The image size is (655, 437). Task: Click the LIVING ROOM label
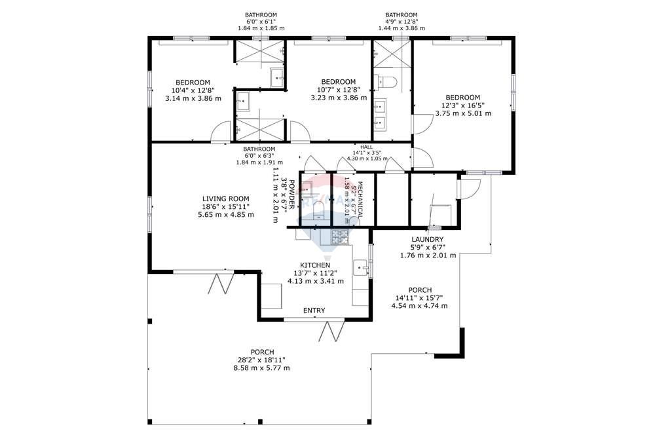[x=225, y=199]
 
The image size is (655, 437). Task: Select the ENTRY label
[x=314, y=311]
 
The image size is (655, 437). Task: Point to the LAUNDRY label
[x=428, y=239]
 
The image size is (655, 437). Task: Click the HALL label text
[x=366, y=147]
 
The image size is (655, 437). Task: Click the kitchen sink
[x=360, y=268]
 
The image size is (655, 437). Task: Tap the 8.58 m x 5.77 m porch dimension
[x=261, y=368]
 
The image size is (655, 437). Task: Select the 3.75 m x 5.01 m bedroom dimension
[x=463, y=113]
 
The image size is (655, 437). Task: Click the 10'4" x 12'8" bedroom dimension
[x=193, y=90]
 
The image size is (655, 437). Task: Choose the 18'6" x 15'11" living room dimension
[x=225, y=206]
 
